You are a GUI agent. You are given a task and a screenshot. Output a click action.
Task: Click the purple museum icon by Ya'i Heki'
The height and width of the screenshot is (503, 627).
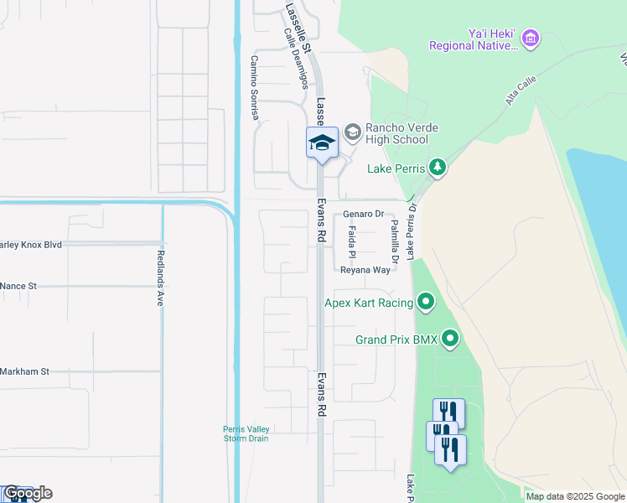point(530,38)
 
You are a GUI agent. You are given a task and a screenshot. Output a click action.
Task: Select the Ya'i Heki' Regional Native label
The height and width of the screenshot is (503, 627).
point(474,39)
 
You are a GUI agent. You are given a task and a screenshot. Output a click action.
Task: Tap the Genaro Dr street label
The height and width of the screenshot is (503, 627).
point(362,215)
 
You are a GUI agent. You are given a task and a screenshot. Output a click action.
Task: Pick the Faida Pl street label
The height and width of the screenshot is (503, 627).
point(352,241)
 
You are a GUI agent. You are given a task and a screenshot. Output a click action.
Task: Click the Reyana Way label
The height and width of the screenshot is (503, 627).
point(365,270)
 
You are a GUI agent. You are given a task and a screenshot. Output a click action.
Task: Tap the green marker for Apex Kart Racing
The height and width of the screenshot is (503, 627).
point(427,302)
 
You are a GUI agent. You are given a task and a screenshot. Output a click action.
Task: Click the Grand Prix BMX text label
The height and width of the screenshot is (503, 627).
point(396,340)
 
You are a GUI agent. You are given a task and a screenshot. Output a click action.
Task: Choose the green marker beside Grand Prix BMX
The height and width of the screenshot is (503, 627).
point(451,340)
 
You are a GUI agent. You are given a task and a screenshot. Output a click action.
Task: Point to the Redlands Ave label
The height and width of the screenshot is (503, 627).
point(159,277)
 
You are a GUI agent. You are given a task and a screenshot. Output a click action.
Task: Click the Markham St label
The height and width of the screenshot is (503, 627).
point(25,371)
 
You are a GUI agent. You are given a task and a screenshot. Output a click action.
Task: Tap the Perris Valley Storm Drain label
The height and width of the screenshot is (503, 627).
point(246,433)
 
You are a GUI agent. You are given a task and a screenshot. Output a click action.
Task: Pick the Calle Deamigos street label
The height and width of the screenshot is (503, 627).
point(297,58)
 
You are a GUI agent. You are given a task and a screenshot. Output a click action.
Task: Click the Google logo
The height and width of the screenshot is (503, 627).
point(27,493)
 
